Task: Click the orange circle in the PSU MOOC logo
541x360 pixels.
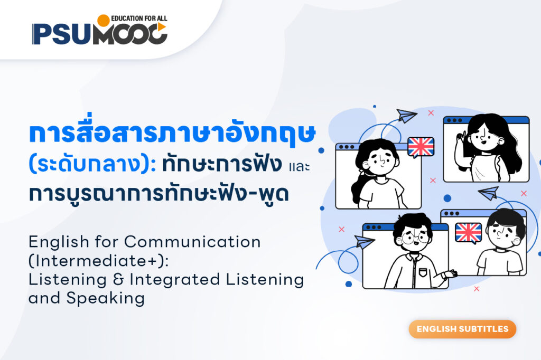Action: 103,21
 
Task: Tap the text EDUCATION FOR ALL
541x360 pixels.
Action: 139,18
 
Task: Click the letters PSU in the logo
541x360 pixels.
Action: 62,34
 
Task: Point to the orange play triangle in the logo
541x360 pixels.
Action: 162,26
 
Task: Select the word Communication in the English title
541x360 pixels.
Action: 192,242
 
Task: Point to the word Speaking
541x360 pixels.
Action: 105,298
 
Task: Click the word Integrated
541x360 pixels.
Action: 174,280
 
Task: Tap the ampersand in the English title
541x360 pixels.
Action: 118,280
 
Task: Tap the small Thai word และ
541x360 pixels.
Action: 299,167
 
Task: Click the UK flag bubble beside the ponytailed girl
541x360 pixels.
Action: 421,147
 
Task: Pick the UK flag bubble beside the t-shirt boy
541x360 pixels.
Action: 468,233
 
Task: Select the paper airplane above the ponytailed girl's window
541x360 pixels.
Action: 407,116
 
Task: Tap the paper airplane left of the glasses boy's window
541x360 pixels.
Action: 365,241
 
